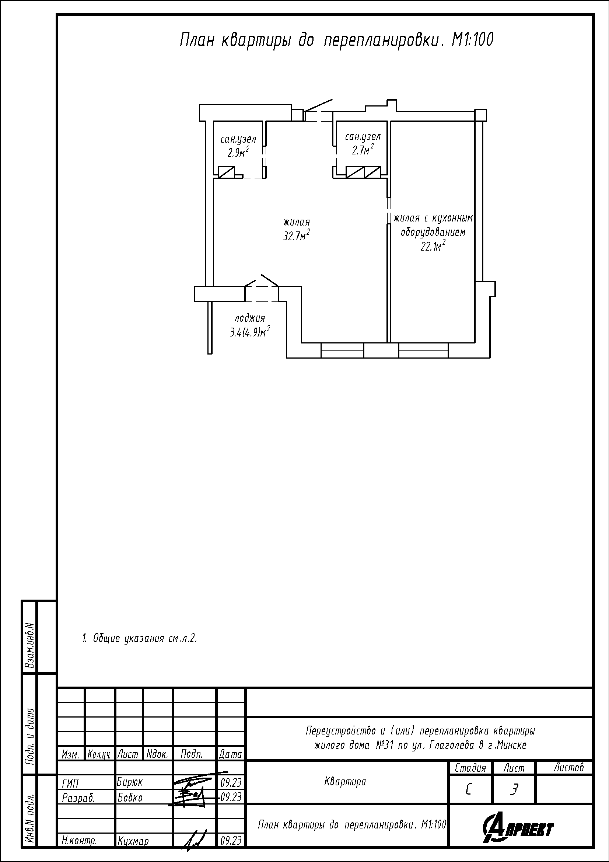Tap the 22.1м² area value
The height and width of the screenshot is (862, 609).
433,246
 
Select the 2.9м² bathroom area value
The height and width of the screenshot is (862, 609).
238,152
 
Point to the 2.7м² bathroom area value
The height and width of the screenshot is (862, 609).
363,150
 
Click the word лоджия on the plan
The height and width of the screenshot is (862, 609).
250,318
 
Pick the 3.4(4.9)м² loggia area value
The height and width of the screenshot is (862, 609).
250,332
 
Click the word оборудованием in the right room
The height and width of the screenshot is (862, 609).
433,233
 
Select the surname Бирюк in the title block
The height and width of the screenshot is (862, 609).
130,782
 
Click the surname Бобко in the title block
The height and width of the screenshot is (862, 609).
130,798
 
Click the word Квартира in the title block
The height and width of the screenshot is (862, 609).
345,782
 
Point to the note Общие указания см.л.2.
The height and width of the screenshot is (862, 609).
140,638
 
